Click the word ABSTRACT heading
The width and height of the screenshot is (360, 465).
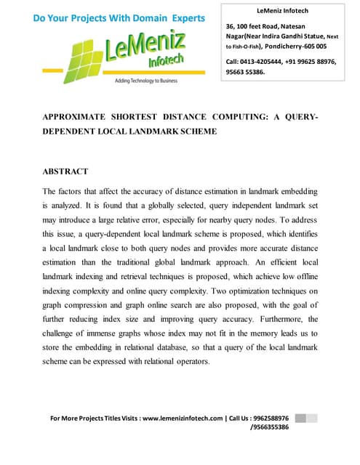point(65,171)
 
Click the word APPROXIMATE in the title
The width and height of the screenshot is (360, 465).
point(79,116)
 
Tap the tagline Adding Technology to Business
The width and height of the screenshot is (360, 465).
point(145,81)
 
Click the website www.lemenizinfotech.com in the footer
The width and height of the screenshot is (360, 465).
point(183,418)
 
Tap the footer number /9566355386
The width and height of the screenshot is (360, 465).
point(269,427)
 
